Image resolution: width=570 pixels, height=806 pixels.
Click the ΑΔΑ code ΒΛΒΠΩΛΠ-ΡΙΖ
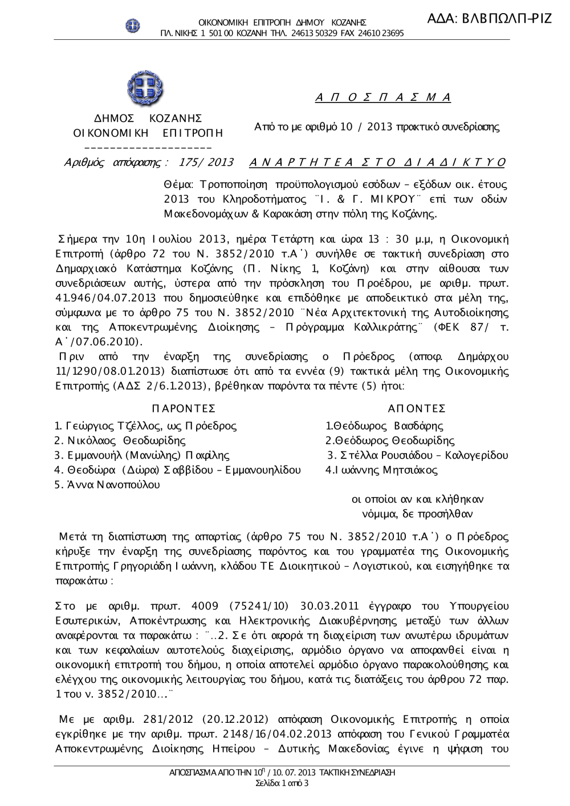tap(490, 18)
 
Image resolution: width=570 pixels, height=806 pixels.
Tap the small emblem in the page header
tap(133, 25)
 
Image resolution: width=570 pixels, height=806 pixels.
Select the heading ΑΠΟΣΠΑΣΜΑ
tap(383, 97)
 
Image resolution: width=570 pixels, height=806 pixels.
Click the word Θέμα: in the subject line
tap(179, 185)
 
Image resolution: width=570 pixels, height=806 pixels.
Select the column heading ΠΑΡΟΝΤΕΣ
tap(184, 409)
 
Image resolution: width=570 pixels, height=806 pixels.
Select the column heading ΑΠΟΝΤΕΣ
tap(416, 409)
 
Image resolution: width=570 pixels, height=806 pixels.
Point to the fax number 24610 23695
tap(381, 33)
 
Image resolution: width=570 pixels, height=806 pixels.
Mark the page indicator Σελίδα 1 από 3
tap(282, 784)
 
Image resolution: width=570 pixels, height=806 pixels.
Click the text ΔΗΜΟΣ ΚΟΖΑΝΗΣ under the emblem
tap(148, 118)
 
